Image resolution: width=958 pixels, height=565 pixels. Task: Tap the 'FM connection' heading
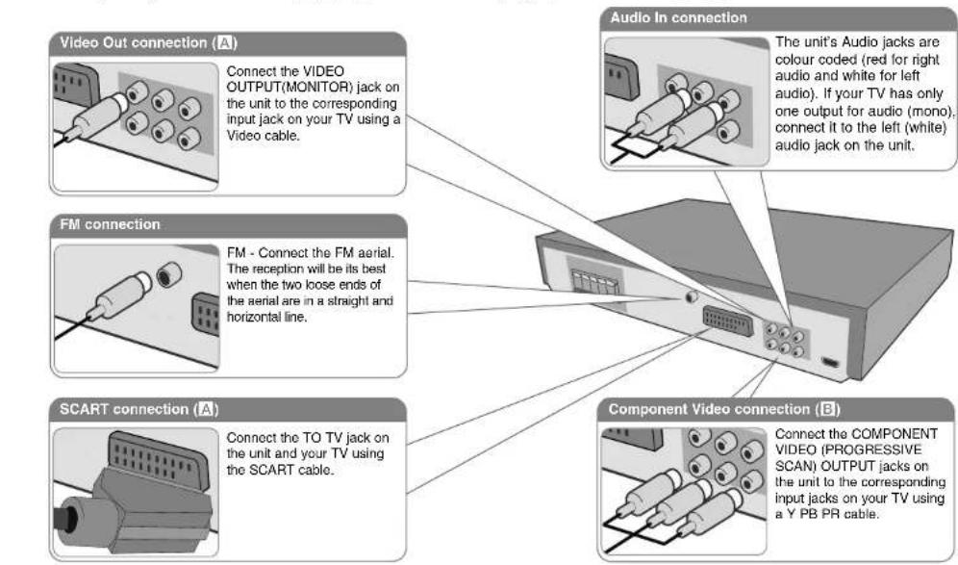[107, 224]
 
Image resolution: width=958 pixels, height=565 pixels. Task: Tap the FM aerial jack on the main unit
[691, 296]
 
